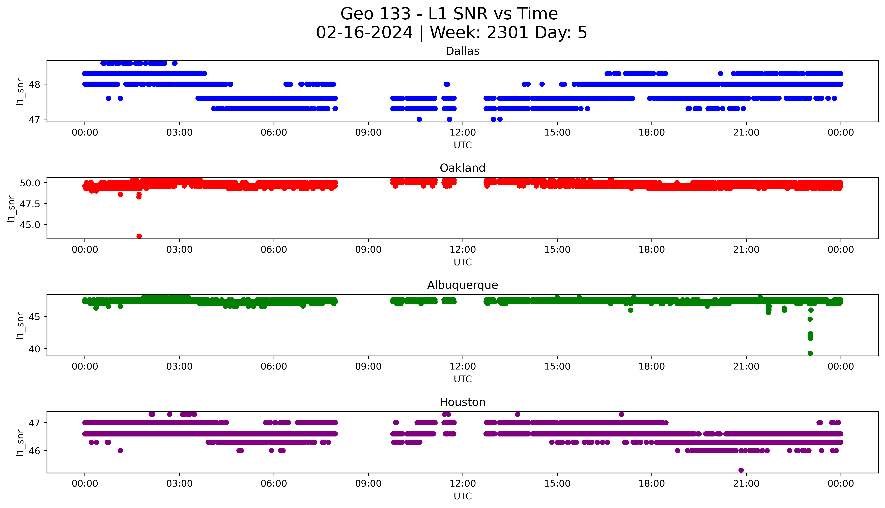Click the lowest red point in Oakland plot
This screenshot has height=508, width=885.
point(139,236)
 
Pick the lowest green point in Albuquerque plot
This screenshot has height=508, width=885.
point(810,353)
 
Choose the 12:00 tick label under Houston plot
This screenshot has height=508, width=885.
point(463,484)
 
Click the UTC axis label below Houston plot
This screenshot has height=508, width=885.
point(463,496)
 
